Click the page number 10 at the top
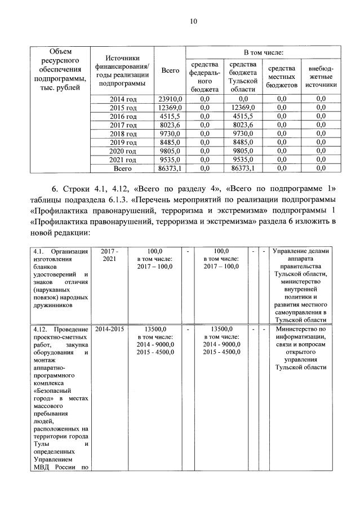point(193,22)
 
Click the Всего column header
point(170,70)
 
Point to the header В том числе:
point(263,52)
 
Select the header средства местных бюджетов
point(282,76)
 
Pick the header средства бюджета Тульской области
point(243,76)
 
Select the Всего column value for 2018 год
point(170,134)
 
